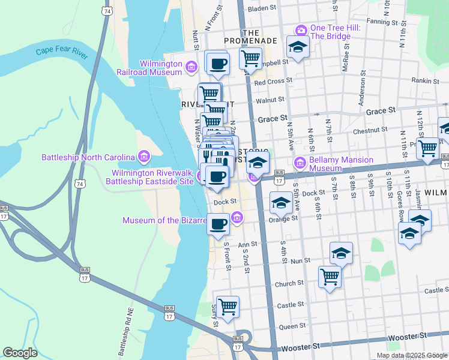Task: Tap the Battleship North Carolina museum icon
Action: tap(143, 158)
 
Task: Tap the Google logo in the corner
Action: tap(20, 353)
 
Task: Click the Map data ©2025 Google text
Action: tap(411, 355)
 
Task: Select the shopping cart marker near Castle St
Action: tap(228, 307)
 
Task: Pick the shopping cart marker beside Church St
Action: tap(330, 277)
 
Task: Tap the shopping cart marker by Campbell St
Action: tap(250, 58)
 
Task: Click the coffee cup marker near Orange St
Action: tap(218, 224)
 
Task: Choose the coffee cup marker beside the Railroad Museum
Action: tap(217, 62)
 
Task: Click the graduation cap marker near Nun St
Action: tap(341, 253)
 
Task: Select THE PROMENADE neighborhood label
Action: tap(250, 37)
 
